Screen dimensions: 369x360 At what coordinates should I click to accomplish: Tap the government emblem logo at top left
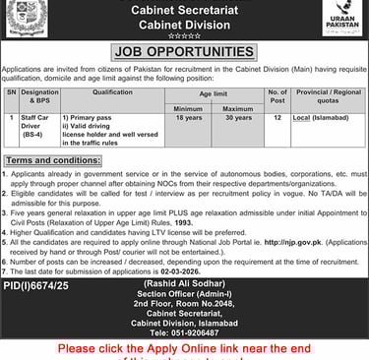[x=28, y=17]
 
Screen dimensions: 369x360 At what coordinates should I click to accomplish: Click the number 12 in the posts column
[x=305, y=117]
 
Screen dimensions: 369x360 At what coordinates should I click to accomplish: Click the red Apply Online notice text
[x=184, y=349]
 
